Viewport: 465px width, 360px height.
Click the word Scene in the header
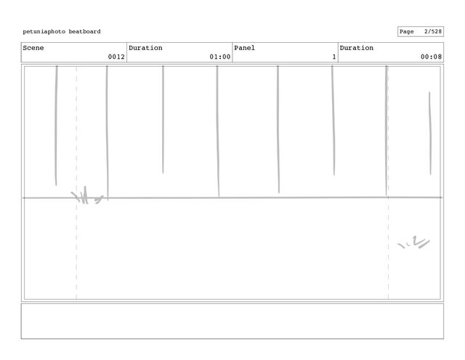pyautogui.click(x=33, y=48)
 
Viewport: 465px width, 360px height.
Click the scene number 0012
pyautogui.click(x=116, y=57)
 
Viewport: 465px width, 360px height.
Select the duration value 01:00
pyautogui.click(x=219, y=57)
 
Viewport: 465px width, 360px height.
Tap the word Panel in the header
pyautogui.click(x=244, y=48)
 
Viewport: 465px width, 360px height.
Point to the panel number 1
pyautogui.click(x=333, y=57)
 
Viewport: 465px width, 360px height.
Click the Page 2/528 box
pyautogui.click(x=420, y=32)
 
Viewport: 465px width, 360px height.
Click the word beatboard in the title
pyautogui.click(x=85, y=32)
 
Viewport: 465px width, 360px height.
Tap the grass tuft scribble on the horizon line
pyautogui.click(x=86, y=195)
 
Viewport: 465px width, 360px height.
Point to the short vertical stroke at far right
pyautogui.click(x=429, y=133)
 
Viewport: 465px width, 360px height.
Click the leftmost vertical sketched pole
pyautogui.click(x=56, y=123)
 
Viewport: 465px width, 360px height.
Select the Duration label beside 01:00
pyautogui.click(x=145, y=48)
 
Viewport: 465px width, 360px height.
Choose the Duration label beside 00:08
pyautogui.click(x=357, y=48)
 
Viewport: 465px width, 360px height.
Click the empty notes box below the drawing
pyautogui.click(x=232, y=321)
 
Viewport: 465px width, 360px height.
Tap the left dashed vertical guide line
pyautogui.click(x=76, y=247)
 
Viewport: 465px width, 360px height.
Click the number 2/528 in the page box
pyautogui.click(x=432, y=32)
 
